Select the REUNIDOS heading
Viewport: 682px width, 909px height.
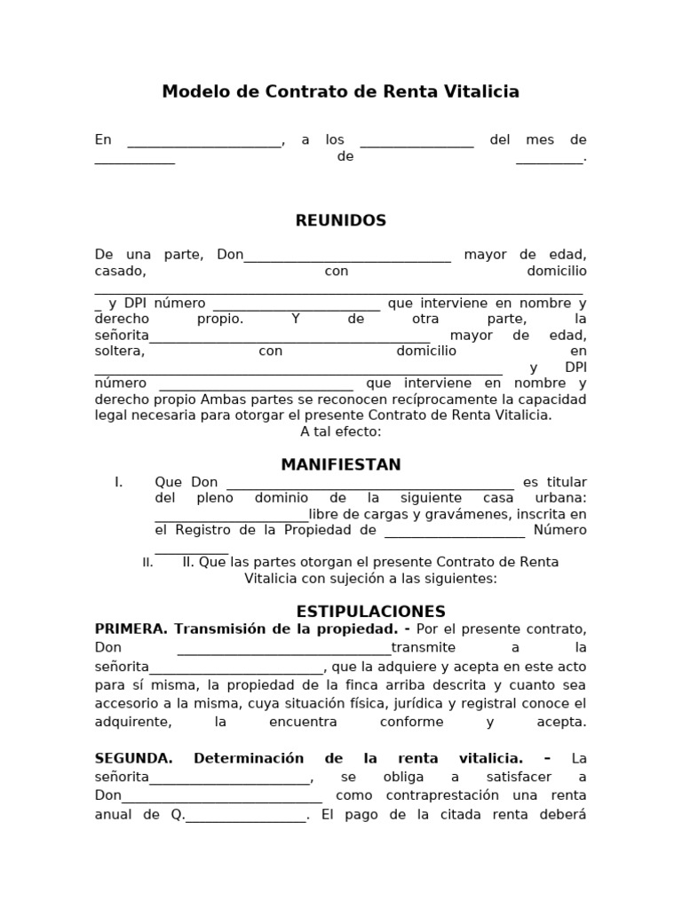341,221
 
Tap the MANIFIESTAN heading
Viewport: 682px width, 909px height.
341,465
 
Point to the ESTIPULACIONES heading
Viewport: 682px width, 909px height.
370,612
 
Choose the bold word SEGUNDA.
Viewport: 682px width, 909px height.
133,758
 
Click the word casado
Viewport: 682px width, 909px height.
120,271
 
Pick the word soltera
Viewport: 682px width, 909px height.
119,351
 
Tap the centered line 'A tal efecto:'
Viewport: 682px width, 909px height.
341,431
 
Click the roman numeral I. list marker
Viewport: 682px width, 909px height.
119,482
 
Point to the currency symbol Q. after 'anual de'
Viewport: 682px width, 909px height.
178,814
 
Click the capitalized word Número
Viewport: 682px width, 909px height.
559,530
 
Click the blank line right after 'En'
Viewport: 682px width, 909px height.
205,140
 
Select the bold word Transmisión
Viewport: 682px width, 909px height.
218,628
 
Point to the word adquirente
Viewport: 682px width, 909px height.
132,722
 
